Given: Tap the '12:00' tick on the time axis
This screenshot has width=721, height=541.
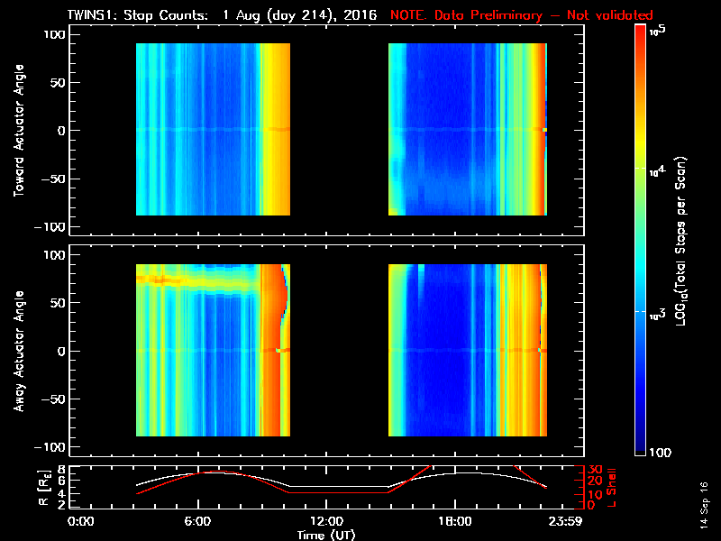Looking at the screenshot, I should (x=325, y=522).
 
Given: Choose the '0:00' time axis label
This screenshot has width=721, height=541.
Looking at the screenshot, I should (x=81, y=522).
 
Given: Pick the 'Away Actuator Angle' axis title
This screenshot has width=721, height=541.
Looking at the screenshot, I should (x=17, y=352).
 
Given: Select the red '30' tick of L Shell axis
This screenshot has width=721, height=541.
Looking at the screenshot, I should (x=595, y=470).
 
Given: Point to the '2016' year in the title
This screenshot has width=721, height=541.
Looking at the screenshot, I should (x=359, y=15).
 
